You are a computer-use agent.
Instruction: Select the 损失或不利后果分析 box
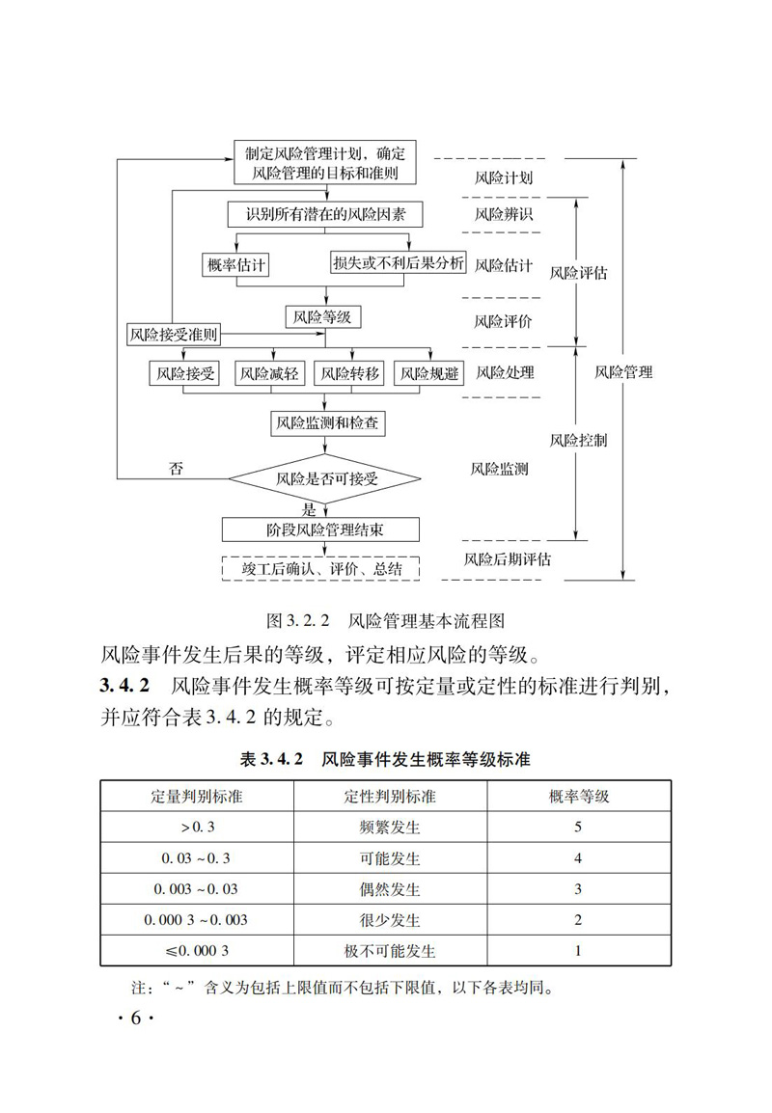(398, 264)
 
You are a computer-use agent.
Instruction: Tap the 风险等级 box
(325, 316)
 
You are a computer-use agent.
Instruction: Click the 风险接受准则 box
(175, 335)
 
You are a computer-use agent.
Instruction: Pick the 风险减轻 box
(270, 372)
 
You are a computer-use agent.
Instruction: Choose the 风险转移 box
(350, 372)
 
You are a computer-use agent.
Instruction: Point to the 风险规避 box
(429, 372)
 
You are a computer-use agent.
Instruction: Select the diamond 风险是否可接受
(325, 477)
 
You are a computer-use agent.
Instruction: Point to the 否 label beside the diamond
(176, 470)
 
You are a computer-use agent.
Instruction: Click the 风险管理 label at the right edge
(623, 371)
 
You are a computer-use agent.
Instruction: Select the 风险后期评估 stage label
(507, 558)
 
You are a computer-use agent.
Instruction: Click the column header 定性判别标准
(389, 797)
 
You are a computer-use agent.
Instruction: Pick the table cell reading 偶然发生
(389, 888)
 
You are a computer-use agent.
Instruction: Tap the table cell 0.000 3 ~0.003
(196, 919)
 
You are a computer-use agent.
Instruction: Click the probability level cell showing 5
(578, 828)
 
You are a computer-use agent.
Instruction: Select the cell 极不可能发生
(389, 950)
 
